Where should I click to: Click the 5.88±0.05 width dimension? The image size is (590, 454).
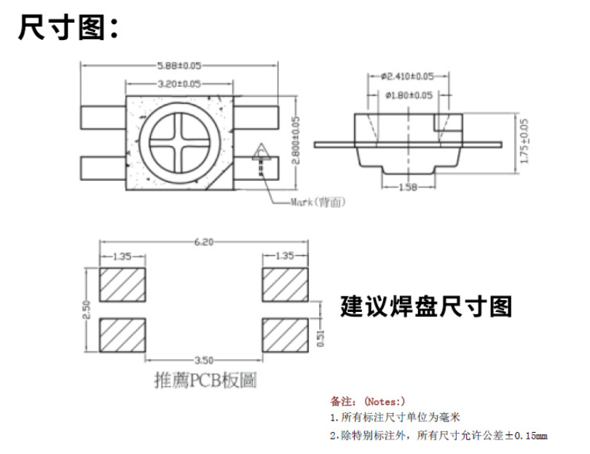179,65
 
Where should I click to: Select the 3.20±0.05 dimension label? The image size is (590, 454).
179,84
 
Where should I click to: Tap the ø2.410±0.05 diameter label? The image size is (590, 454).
407,76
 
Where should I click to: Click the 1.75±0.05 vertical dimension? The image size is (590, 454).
525,142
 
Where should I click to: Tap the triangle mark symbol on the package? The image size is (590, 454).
261,152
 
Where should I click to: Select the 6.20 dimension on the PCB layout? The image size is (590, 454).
203,243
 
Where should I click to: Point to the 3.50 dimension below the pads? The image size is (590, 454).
204,360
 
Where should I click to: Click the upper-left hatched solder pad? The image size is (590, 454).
122,284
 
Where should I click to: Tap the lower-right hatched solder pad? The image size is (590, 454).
285,334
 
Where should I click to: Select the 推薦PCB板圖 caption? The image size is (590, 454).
205,380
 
